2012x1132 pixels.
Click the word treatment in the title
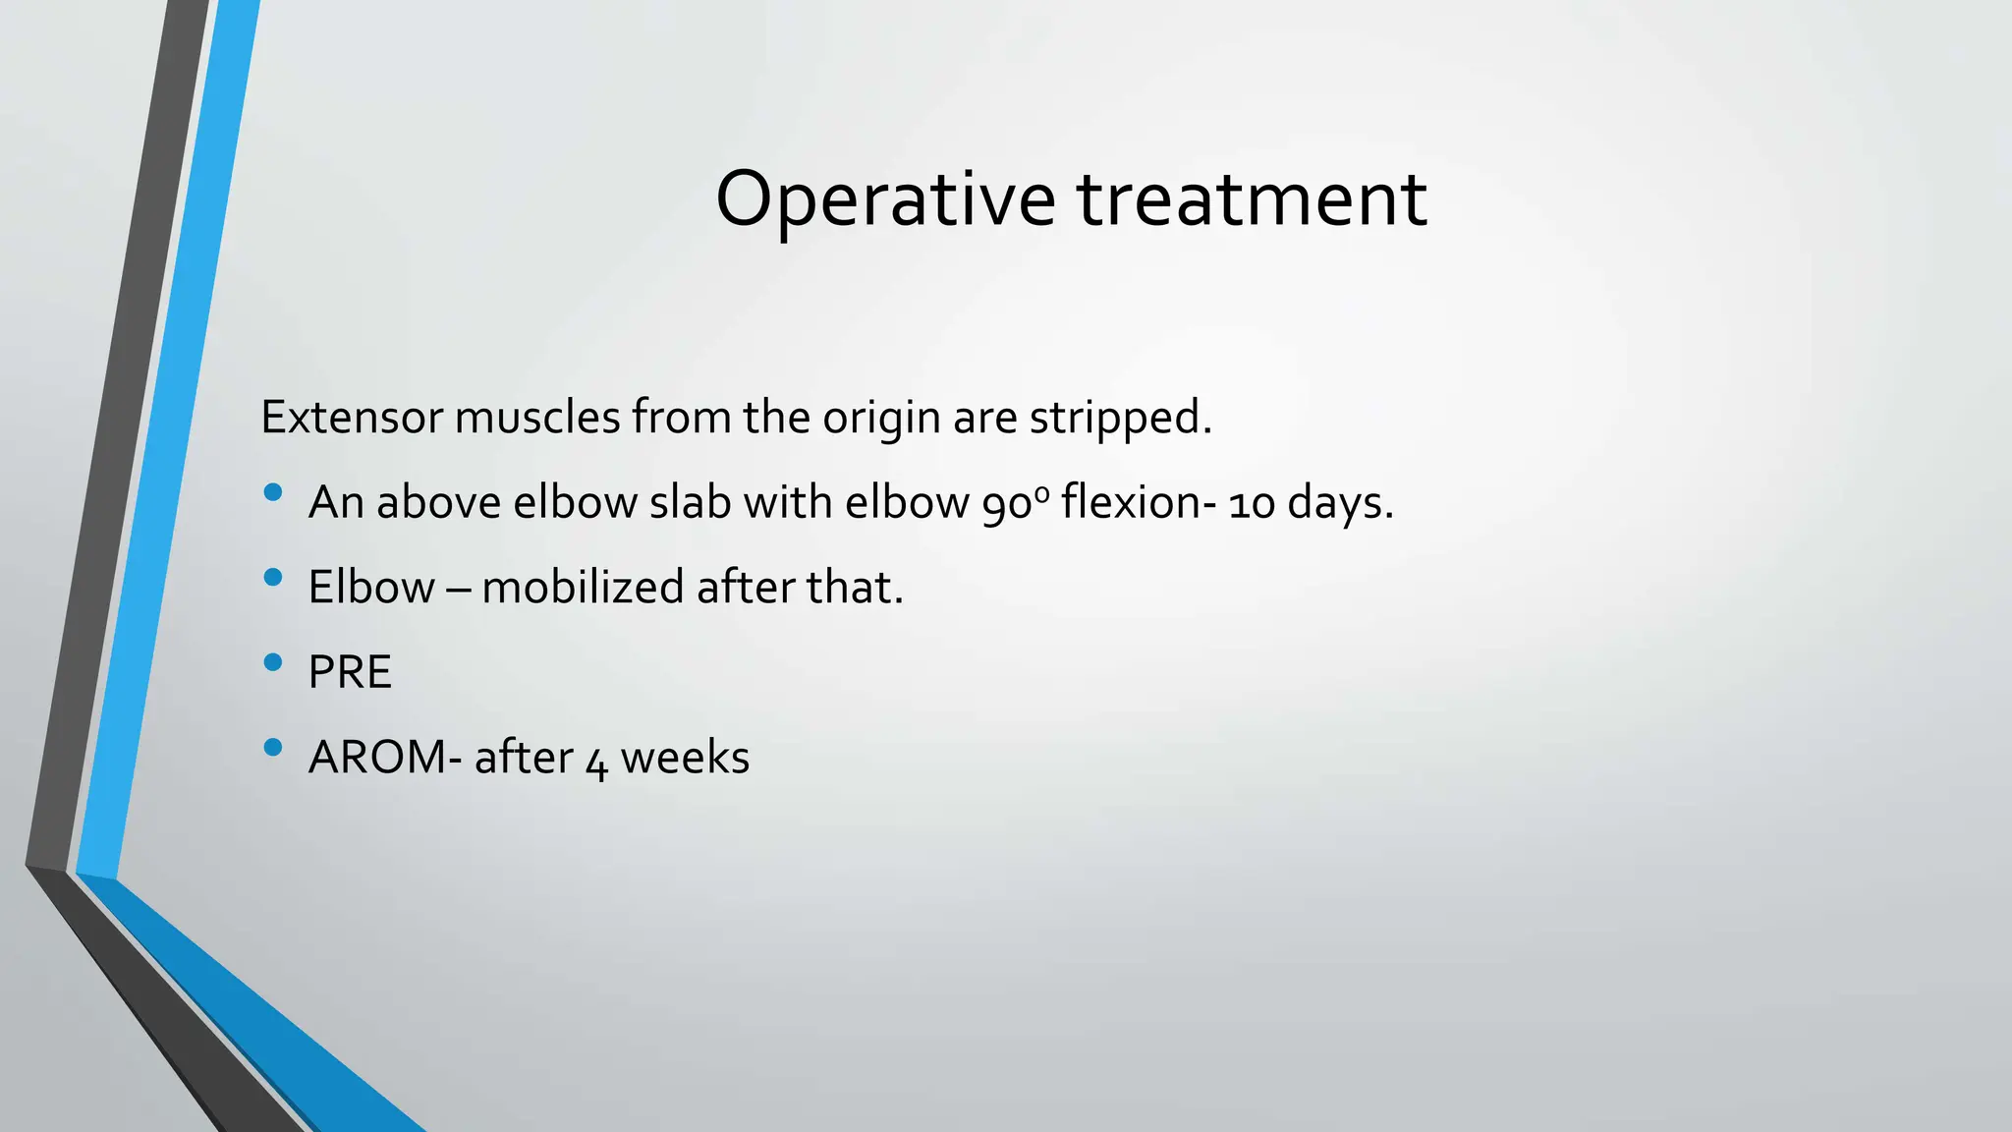pyautogui.click(x=1252, y=200)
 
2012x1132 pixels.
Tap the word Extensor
pyautogui.click(x=352, y=418)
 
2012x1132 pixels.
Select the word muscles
pyautogui.click(x=537, y=418)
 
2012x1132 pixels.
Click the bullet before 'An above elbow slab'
pyautogui.click(x=273, y=492)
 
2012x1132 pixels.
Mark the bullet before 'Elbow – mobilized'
pyautogui.click(x=273, y=577)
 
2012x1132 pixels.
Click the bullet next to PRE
pyautogui.click(x=273, y=662)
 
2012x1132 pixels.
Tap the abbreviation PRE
pyautogui.click(x=350, y=673)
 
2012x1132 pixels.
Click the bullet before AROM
pyautogui.click(x=273, y=748)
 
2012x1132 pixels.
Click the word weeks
pyautogui.click(x=685, y=758)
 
